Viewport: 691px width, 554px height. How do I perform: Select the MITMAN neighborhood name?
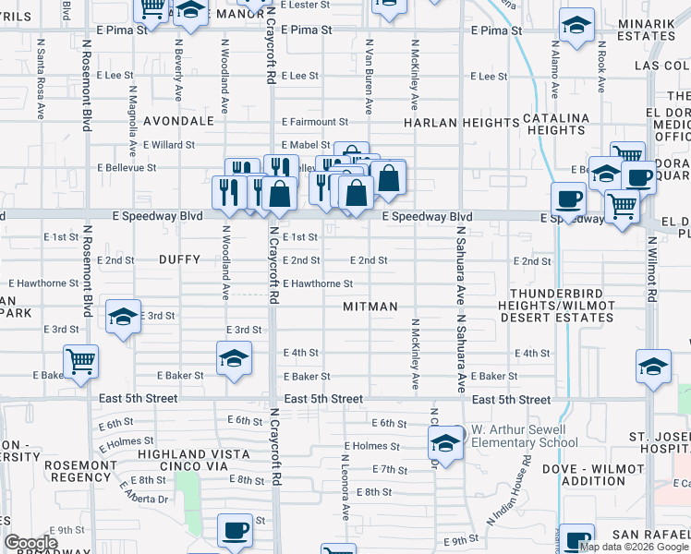click(x=370, y=306)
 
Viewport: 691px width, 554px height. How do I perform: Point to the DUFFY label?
click(x=179, y=260)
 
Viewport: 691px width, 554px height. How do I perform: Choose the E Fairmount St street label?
click(x=314, y=121)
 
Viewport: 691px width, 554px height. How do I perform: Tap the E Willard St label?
click(x=169, y=145)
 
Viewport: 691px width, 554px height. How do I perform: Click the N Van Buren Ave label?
click(x=369, y=77)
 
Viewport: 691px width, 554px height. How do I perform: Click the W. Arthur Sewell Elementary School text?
click(x=525, y=436)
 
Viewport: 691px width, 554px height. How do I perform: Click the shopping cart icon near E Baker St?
click(x=81, y=361)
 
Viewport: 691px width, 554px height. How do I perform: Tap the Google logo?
click(x=30, y=544)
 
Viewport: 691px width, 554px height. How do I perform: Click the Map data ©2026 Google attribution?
click(x=634, y=547)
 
